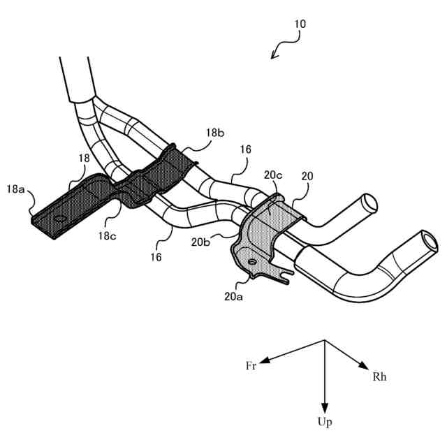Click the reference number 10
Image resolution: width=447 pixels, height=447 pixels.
(x=300, y=24)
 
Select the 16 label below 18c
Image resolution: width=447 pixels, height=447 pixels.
(x=155, y=257)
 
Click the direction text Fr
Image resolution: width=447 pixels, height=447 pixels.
(x=251, y=366)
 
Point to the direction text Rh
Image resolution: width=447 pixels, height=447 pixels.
(x=379, y=377)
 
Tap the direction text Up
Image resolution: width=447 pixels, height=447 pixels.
(x=325, y=422)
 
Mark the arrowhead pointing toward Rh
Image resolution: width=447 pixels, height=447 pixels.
(x=364, y=366)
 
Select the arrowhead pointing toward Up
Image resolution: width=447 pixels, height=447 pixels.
(x=324, y=406)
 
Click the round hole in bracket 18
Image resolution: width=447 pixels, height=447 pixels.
(x=59, y=219)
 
